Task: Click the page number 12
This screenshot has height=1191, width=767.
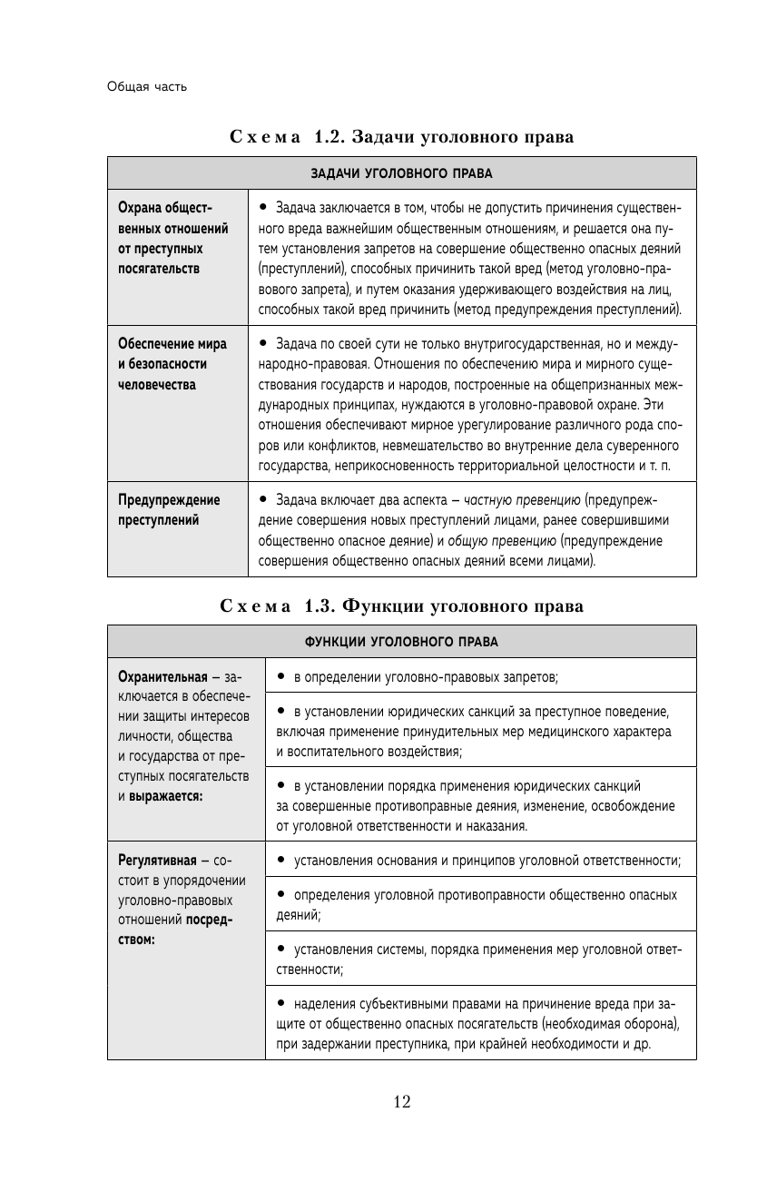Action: pos(402,1102)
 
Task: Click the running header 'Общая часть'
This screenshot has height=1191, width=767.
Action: pos(147,87)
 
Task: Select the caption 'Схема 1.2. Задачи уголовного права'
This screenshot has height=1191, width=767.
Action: pos(401,138)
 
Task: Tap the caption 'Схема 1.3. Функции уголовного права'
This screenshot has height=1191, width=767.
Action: pos(401,606)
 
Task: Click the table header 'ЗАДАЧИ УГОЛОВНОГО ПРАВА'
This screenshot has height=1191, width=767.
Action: pos(401,172)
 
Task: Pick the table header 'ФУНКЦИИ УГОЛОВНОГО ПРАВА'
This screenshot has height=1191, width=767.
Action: pos(401,641)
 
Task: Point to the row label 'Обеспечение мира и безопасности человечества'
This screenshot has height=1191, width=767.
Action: pos(173,364)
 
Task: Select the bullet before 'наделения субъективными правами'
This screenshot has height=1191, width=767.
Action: pos(281,1003)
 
